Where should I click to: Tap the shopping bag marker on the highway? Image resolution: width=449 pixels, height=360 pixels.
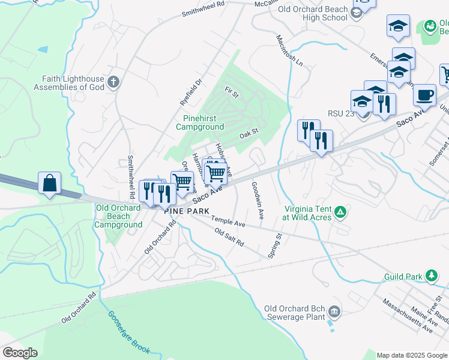coord(49,183)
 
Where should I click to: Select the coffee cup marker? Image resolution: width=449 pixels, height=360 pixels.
coord(424,95)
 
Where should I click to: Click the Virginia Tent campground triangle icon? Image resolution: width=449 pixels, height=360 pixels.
coord(340,211)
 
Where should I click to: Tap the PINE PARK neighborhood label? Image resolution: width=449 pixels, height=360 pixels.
coord(187,211)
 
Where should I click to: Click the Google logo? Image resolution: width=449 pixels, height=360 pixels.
coord(19,353)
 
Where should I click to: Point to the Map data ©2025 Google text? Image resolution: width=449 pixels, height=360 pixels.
coord(411,355)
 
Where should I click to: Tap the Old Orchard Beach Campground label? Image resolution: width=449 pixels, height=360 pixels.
coord(118,216)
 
